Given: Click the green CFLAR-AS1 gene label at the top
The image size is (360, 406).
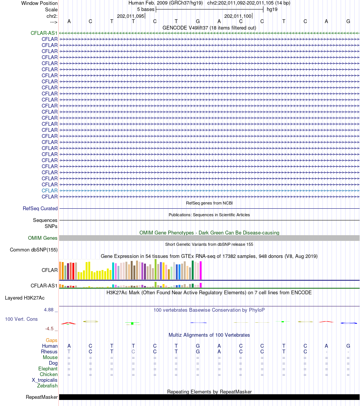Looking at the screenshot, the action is click(x=44, y=33).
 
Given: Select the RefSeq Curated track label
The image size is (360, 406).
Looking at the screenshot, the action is click(x=40, y=208).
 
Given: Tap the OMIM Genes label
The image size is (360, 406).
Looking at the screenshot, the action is click(x=43, y=238).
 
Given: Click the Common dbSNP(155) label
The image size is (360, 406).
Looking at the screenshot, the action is click(x=34, y=250).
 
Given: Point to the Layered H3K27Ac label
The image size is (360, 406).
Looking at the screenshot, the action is click(x=25, y=298).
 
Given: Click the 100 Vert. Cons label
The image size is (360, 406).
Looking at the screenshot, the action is click(x=21, y=319).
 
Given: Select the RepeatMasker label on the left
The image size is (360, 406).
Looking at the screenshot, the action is click(x=42, y=397).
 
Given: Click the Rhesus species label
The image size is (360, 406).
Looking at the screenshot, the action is click(x=49, y=351).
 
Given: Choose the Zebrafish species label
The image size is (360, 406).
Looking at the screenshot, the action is click(x=47, y=386).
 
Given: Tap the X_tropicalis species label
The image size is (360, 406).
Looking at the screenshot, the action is click(x=45, y=380).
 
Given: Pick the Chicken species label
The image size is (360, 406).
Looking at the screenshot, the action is click(x=49, y=375).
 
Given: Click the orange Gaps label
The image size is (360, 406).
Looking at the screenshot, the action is click(x=52, y=340).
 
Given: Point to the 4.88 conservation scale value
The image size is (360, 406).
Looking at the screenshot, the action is click(x=49, y=310).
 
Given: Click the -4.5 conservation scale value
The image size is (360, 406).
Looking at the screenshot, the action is click(x=49, y=329).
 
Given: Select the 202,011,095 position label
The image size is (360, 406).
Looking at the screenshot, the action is click(x=130, y=16).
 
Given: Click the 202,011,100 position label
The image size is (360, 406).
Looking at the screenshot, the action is click(x=238, y=16).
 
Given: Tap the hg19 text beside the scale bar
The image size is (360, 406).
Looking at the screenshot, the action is click(x=272, y=9).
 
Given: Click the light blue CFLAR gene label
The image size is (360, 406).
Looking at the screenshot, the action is click(x=50, y=191).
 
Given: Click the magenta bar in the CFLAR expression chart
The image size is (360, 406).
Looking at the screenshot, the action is click(x=200, y=270).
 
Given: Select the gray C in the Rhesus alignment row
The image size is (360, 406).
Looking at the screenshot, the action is click(x=133, y=351).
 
